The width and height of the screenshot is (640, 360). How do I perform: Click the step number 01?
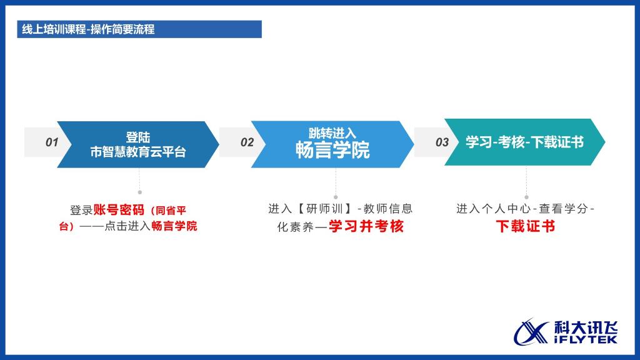tap(52, 142)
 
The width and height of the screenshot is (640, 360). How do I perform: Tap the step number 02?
tap(247, 142)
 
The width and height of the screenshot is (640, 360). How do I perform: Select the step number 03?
tap(442, 142)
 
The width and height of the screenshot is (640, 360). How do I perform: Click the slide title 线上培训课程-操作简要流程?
tap(88, 29)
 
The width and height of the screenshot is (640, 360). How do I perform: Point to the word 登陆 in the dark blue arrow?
tap(138, 137)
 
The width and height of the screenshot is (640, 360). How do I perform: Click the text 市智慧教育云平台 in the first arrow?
tap(138, 152)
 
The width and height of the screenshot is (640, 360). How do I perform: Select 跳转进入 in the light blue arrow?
tap(332, 133)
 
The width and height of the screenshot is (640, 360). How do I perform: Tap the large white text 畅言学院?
tap(332, 150)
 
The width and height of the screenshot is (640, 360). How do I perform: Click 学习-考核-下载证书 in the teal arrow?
tap(524, 142)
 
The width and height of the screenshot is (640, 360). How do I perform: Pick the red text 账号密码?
tap(119, 210)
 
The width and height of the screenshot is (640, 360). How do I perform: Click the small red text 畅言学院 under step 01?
tap(174, 226)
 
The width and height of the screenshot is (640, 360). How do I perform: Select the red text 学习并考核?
tap(366, 226)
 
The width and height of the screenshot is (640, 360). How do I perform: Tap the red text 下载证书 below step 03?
tap(525, 226)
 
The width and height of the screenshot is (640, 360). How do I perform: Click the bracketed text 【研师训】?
tap(324, 209)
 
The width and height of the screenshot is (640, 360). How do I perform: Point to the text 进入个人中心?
tap(494, 209)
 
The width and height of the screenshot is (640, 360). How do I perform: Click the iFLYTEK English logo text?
tap(586, 339)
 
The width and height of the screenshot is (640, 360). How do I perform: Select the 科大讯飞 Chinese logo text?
tap(586, 327)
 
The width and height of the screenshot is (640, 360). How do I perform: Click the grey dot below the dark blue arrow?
tap(139, 192)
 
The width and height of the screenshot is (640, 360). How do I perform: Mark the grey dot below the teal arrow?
tap(526, 197)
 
